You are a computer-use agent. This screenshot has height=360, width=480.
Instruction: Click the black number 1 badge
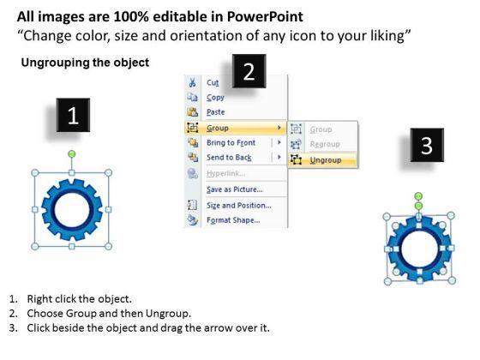click(x=73, y=115)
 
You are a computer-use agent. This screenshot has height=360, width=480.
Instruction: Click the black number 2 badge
click(x=249, y=71)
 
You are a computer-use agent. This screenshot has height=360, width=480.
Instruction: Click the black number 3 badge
click(x=427, y=145)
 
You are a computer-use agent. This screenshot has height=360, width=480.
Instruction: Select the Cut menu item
click(x=213, y=82)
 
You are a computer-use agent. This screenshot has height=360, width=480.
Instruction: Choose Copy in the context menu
click(x=215, y=98)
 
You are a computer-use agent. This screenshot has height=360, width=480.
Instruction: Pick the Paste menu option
click(x=215, y=112)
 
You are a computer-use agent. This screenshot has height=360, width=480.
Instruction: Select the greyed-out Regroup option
click(x=325, y=144)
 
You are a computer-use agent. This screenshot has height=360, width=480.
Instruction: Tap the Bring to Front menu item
click(x=231, y=142)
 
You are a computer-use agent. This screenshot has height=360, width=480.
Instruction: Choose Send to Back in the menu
click(x=229, y=158)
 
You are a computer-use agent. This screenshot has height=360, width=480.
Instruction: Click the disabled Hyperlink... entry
click(x=225, y=173)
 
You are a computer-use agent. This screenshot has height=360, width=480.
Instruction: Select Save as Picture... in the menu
click(x=235, y=189)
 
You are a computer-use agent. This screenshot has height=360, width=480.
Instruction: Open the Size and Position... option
click(x=239, y=206)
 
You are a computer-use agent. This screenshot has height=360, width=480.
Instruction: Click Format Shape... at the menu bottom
click(x=233, y=220)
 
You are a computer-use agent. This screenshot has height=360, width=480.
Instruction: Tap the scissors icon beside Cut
click(x=192, y=82)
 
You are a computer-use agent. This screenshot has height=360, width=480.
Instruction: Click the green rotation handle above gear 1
click(x=72, y=154)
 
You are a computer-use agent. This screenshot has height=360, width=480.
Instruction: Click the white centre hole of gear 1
click(x=72, y=210)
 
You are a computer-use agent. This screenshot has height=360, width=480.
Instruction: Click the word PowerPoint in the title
click(x=265, y=16)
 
